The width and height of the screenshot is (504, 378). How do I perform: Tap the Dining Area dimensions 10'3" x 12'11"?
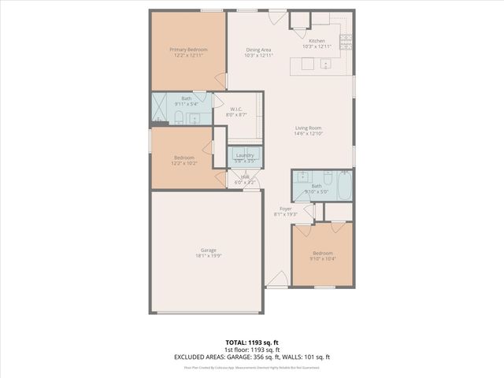258,56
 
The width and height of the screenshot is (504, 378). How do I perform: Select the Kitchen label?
317,41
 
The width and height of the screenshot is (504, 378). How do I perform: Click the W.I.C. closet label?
235,109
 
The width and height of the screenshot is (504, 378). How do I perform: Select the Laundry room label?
245,155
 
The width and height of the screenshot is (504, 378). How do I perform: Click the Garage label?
208,250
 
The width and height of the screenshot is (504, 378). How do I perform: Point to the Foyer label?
286,209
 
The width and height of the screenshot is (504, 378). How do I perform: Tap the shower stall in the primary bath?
161,109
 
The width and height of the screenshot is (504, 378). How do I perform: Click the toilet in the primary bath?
180,119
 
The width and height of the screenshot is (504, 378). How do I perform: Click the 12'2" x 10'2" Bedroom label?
183,157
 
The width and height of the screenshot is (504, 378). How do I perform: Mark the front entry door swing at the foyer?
276,279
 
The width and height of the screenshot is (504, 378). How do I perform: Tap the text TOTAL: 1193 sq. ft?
252,343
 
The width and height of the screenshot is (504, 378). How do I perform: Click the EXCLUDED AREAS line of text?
252,357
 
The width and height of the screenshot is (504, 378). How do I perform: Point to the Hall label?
245,177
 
